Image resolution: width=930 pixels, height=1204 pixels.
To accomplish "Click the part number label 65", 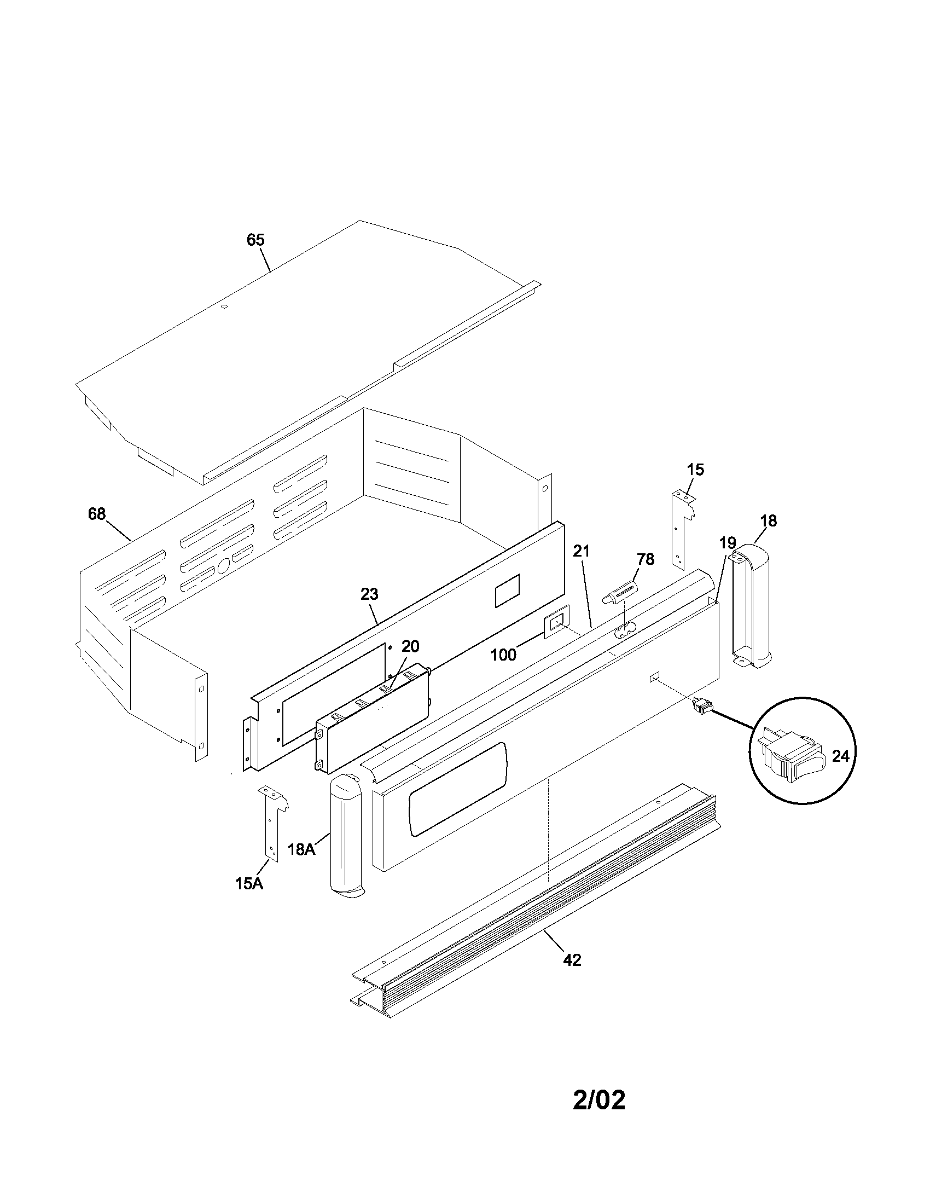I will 255,240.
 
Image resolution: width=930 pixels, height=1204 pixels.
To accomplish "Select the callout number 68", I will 96,514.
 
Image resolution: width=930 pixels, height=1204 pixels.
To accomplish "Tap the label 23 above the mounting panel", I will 369,594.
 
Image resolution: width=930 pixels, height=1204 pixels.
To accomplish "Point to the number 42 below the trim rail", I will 572,960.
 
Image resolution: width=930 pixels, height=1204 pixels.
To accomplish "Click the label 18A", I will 301,849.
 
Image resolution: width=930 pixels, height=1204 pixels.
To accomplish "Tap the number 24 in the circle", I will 840,756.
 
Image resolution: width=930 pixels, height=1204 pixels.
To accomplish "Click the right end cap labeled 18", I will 752,606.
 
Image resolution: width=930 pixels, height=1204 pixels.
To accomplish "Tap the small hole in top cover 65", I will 224,306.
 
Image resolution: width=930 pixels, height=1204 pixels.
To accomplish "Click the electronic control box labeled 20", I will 373,716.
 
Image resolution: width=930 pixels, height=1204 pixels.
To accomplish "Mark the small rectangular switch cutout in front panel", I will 654,677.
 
